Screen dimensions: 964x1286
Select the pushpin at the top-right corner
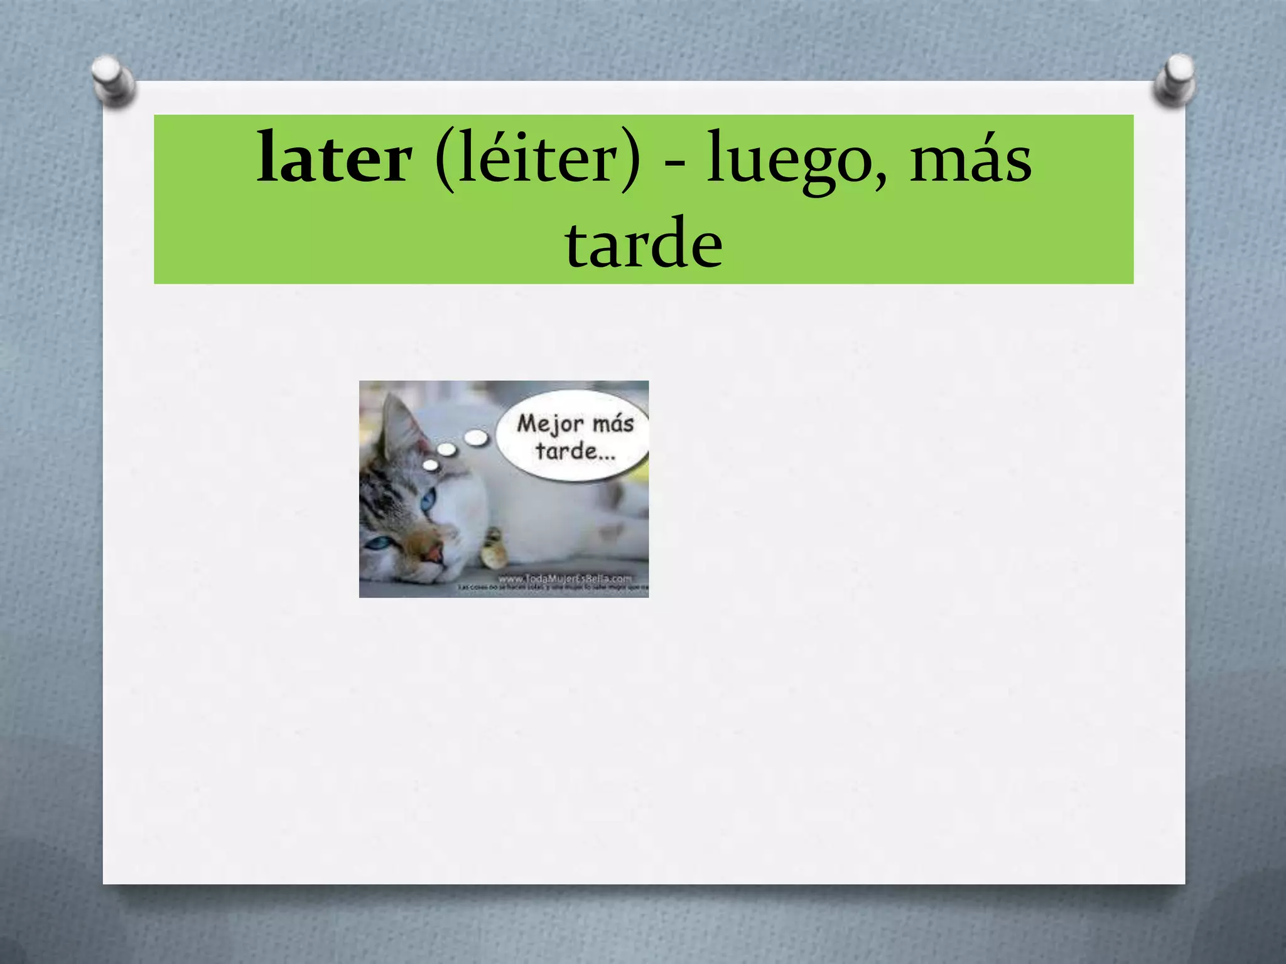point(1175,80)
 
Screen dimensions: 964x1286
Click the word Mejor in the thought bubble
point(549,424)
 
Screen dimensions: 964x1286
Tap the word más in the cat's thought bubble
point(613,424)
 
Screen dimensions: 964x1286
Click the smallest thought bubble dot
point(431,465)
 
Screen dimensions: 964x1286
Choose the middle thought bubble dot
point(446,449)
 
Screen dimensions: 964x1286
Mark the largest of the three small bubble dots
point(477,437)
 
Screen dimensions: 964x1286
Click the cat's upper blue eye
point(428,500)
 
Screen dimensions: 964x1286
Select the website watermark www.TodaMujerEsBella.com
point(565,578)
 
